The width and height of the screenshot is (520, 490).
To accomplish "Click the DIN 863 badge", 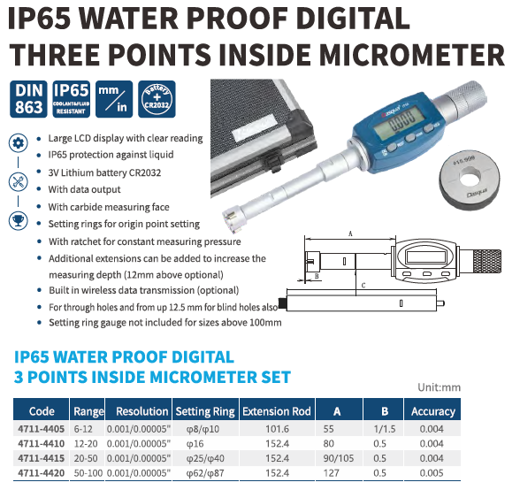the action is [28, 99].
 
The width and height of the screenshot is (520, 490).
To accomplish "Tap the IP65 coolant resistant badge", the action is [72, 99].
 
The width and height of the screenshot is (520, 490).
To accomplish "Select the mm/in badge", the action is [114, 99].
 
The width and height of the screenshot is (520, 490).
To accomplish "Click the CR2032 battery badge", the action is [157, 99].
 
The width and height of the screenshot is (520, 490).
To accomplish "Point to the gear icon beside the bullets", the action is [18, 143].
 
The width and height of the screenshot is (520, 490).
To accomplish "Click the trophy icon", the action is [18, 220].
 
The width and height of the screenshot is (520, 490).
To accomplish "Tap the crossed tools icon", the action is [18, 182].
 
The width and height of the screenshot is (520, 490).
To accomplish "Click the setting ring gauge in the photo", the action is [470, 180].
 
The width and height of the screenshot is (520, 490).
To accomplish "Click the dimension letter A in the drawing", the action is [350, 234].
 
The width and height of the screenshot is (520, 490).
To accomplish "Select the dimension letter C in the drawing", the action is [363, 286].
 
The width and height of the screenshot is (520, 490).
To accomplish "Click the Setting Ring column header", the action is [205, 411].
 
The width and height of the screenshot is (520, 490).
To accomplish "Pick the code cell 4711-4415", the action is [41, 458].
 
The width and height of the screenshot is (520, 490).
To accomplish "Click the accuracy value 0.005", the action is [432, 472].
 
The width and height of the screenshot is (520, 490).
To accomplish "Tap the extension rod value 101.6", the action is [278, 429].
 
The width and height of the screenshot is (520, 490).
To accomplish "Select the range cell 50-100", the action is [88, 472].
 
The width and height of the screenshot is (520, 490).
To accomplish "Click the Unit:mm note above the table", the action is [439, 387].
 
